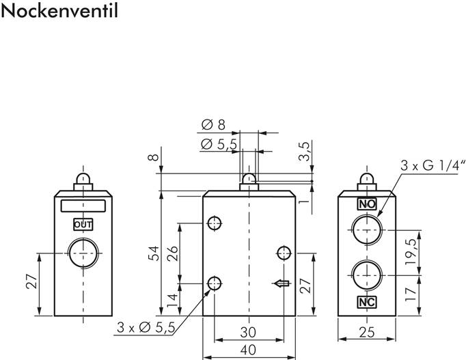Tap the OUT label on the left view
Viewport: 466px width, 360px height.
(x=83, y=224)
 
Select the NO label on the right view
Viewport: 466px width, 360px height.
(x=367, y=204)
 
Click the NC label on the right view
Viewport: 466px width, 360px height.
(x=367, y=301)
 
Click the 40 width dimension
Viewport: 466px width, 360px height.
(x=249, y=350)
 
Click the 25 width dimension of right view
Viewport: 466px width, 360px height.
(x=367, y=333)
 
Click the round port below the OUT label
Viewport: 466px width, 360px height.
(x=82, y=254)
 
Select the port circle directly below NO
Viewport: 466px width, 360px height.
(x=367, y=230)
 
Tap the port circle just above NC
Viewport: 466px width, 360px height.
(x=367, y=274)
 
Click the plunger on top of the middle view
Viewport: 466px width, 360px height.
(x=249, y=182)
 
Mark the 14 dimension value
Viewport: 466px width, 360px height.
(x=172, y=299)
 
